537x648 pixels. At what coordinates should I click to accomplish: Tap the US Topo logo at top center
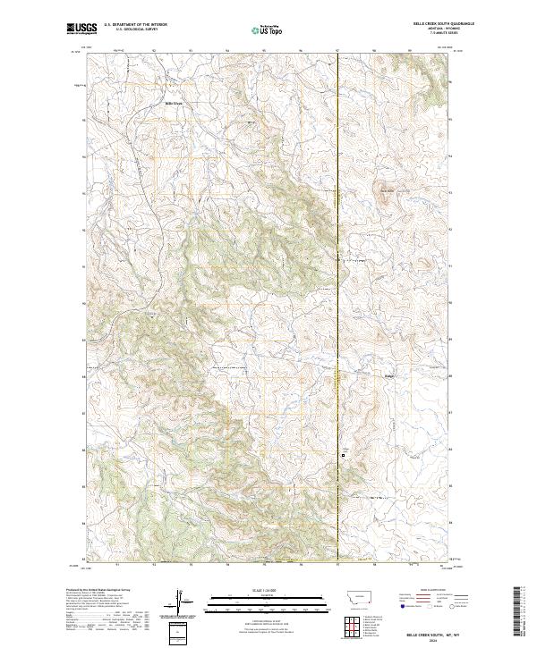tap(268, 29)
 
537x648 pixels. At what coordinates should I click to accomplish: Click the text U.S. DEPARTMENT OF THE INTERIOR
tap(135, 24)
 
